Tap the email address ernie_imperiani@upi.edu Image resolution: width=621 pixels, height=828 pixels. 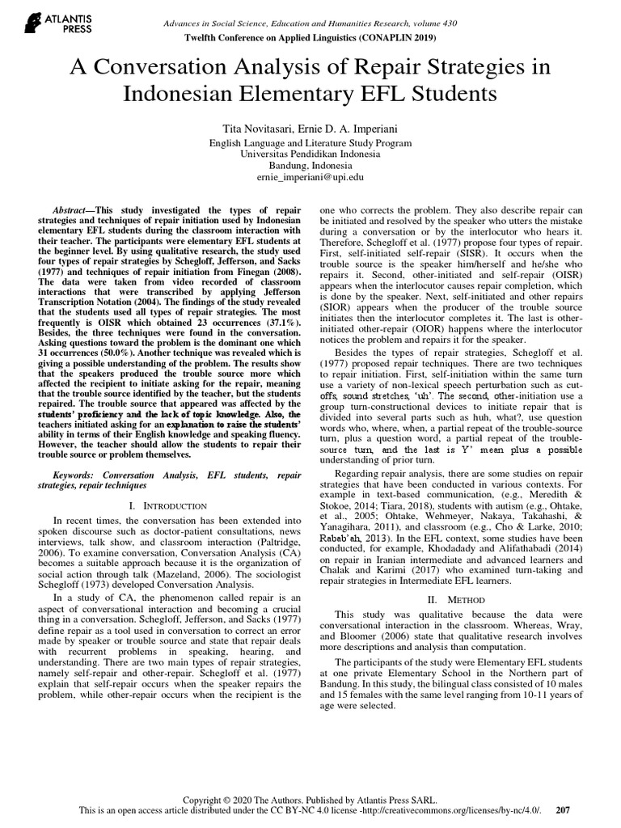[310, 175]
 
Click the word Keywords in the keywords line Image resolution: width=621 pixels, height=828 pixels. [75, 474]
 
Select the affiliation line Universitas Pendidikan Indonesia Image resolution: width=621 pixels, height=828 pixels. [310, 153]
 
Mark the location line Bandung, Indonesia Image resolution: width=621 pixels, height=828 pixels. [310, 164]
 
